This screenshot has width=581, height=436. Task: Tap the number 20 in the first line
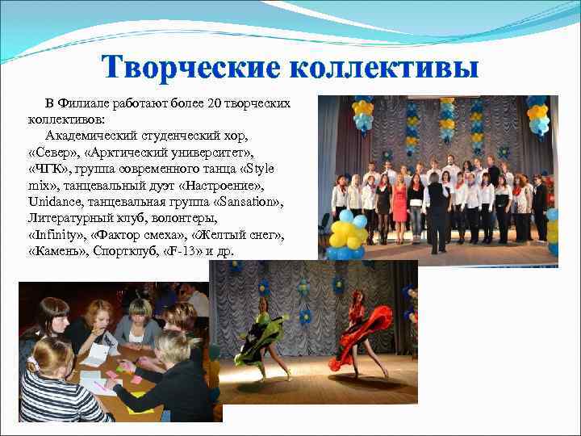215,103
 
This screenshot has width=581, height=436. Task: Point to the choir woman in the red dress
399,201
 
